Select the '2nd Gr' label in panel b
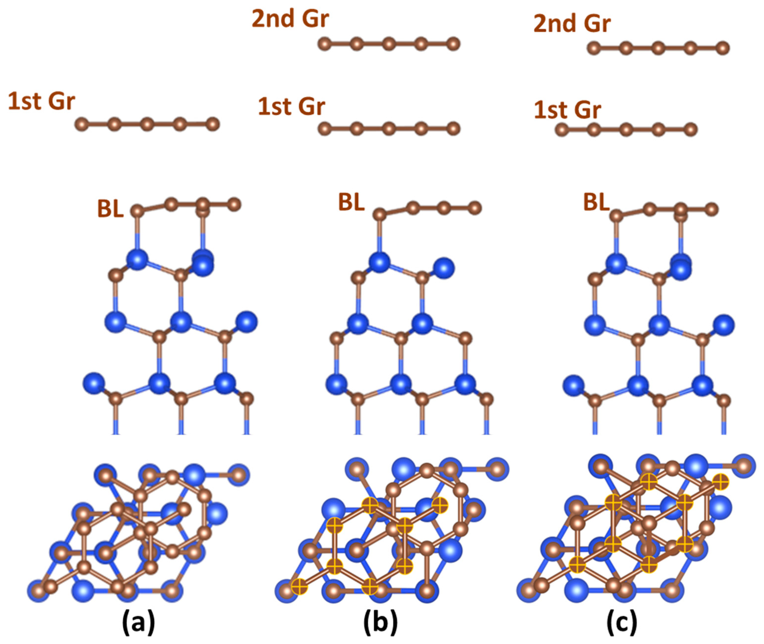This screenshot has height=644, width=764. tap(290, 19)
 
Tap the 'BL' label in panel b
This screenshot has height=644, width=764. tap(351, 203)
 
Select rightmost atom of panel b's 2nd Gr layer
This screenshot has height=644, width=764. tap(453, 44)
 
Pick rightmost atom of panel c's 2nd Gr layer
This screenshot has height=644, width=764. tap(722, 48)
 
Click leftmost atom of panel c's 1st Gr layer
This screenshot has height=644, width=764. tap(562, 130)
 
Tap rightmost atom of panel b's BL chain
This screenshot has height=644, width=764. tap(475, 208)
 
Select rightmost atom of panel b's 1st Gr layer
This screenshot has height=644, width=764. tap(453, 129)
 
